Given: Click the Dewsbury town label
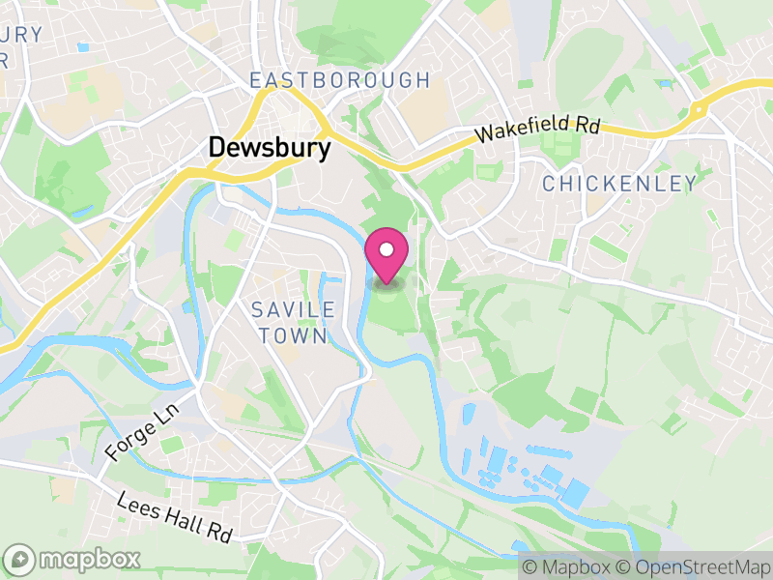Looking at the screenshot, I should point(270,148).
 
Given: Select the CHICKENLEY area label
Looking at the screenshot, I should point(619,184).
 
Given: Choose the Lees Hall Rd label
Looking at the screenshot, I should point(176,517).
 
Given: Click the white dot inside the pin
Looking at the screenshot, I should point(386,249).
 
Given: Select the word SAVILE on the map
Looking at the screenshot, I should point(293,310).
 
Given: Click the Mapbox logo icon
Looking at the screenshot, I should point(20,559).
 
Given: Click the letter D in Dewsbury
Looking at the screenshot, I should point(217,148).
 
